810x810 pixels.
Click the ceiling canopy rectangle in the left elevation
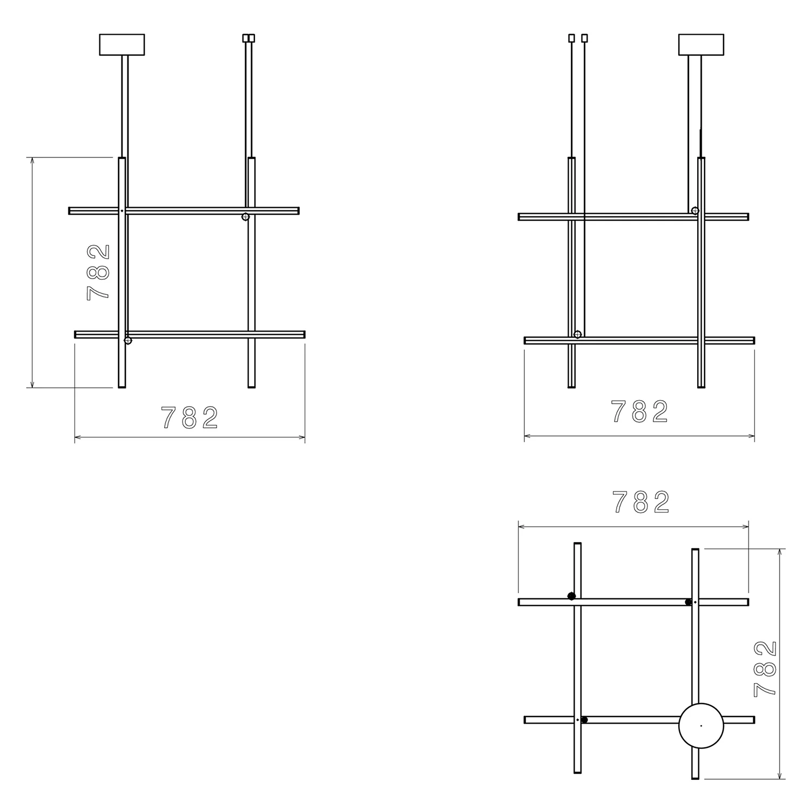[122, 45]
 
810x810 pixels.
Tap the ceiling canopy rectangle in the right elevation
[700, 45]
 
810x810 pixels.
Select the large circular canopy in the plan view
[700, 726]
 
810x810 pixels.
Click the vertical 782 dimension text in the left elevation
[98, 272]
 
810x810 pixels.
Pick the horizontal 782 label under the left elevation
[190, 417]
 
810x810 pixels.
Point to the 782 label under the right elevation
[639, 412]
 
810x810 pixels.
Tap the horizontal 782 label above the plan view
[641, 503]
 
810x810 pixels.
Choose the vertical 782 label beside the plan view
[766, 669]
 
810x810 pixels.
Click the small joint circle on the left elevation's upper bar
[245, 217]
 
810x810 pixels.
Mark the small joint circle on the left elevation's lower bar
[128, 340]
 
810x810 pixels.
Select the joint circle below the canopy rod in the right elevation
[695, 211]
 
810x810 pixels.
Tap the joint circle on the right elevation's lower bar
[577, 334]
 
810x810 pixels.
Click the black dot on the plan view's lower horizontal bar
[584, 720]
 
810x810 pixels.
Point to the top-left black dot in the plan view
[571, 596]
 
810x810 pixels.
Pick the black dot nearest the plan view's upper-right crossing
[688, 602]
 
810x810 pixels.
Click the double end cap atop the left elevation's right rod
[248, 38]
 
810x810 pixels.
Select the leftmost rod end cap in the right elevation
[571, 38]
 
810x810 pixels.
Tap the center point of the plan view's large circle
[700, 726]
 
